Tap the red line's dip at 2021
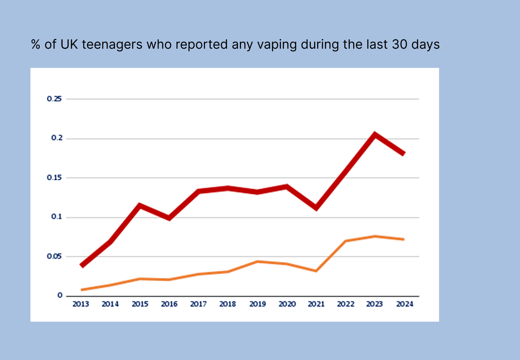coord(316,208)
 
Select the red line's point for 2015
coord(140,205)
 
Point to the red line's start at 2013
coord(82,266)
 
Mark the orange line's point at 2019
coord(257,262)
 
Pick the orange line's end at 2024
coord(404,239)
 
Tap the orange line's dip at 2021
coord(316,271)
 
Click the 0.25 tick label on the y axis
coord(54,99)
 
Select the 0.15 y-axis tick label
coord(54,177)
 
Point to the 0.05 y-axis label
coord(54,256)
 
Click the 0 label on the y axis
coord(60,295)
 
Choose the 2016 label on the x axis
coord(169,304)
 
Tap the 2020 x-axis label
coord(287,304)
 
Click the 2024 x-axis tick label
coord(405,304)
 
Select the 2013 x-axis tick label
coord(81,304)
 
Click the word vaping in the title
coord(277,45)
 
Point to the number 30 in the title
coord(399,45)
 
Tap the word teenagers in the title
coord(112,45)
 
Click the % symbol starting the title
coord(36,45)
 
